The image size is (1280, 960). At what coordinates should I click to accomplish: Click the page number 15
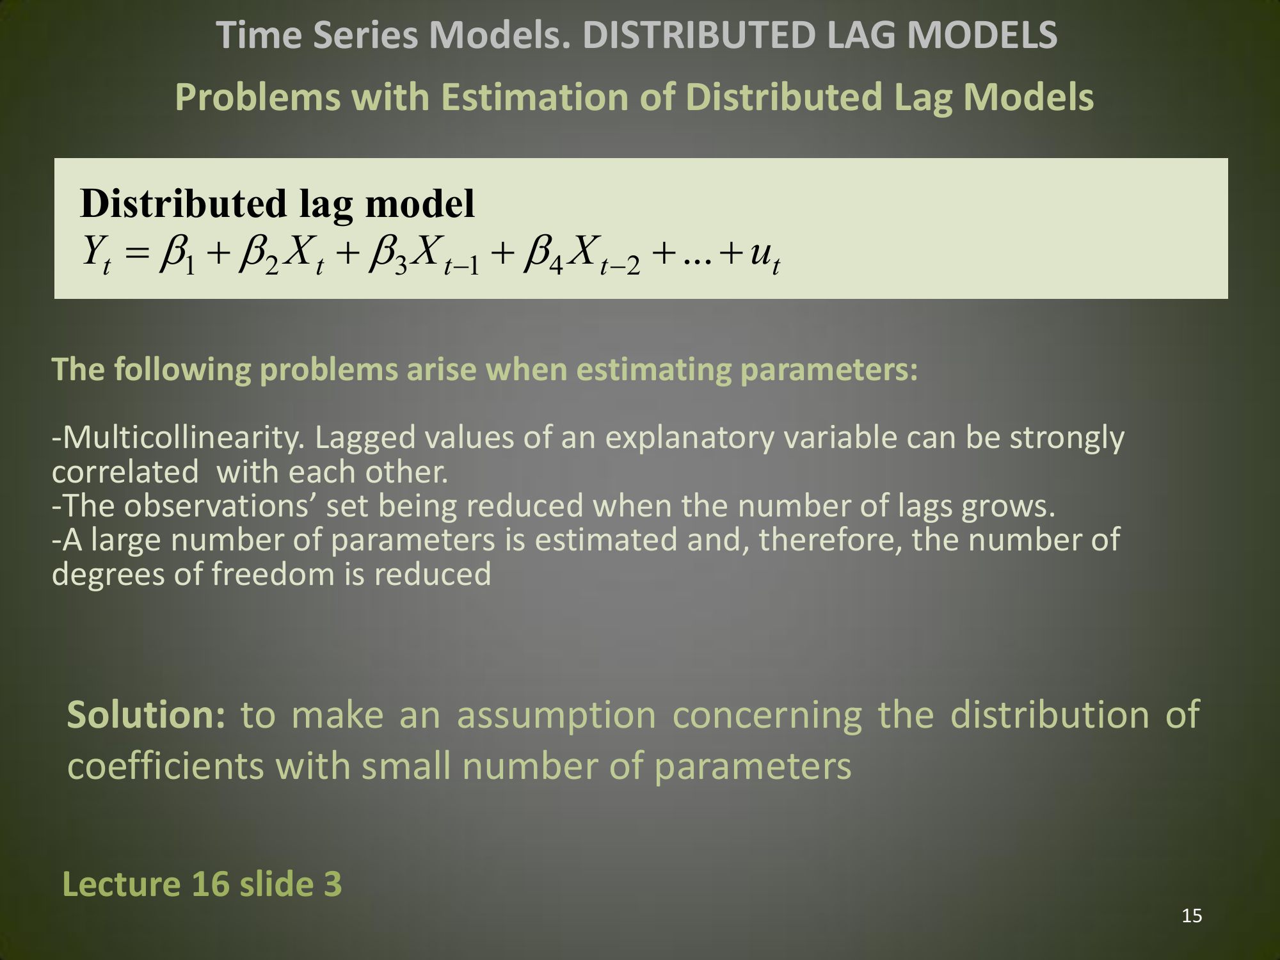click(x=1192, y=916)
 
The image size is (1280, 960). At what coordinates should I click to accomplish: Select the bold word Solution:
click(x=147, y=714)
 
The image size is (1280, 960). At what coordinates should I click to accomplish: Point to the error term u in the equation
click(x=764, y=256)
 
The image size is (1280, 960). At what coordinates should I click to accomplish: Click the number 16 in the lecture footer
click(x=210, y=884)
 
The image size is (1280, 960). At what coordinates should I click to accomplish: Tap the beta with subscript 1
click(x=177, y=255)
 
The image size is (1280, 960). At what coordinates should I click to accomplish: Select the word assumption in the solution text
click(x=556, y=716)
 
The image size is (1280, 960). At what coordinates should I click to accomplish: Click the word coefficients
click(x=165, y=766)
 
